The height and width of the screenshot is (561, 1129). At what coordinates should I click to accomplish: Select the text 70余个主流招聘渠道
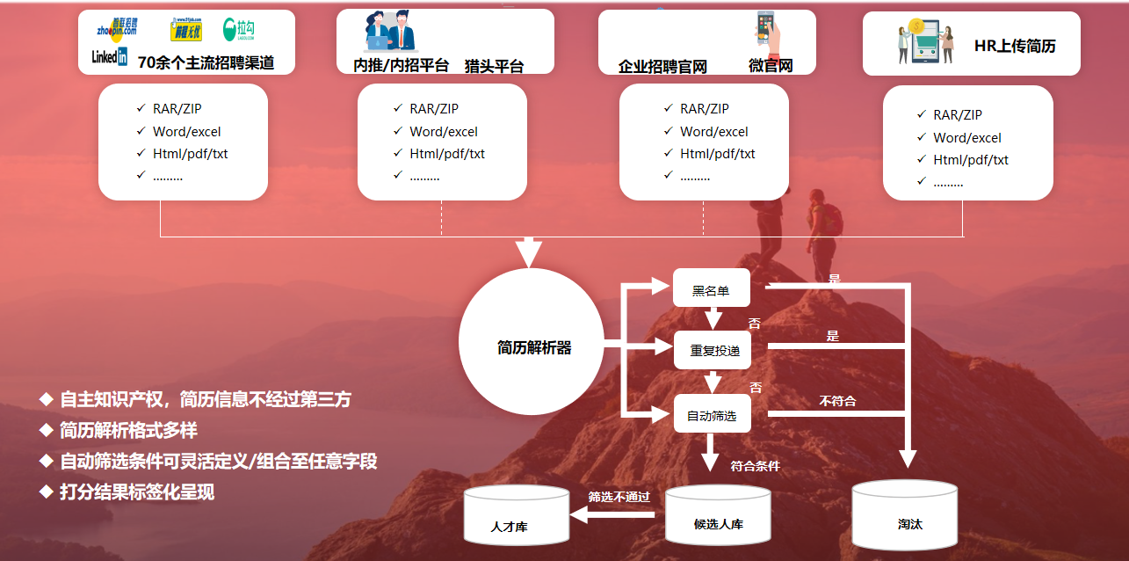206,62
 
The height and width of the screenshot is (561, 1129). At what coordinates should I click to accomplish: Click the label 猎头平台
494,66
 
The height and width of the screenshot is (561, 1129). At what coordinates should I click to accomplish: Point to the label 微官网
771,66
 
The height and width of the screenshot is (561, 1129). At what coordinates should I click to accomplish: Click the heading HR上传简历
1015,47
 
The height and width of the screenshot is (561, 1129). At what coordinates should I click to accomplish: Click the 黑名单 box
711,289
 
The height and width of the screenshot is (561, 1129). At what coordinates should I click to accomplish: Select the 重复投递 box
714,350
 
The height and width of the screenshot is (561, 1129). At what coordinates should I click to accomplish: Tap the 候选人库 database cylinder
718,517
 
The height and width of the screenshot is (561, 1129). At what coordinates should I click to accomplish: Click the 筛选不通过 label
619,497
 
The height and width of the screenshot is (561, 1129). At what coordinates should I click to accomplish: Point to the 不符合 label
837,401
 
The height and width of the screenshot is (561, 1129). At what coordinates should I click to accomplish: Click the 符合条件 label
755,466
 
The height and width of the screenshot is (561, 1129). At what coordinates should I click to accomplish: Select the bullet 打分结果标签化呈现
136,492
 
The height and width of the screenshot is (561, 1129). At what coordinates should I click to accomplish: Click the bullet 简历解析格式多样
128,431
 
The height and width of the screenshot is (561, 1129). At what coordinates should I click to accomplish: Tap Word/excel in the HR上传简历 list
967,138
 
